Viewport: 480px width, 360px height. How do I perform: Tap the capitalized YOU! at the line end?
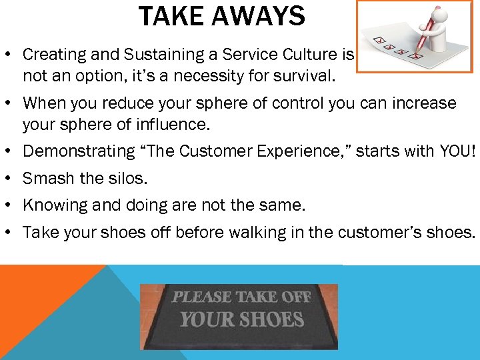click(458, 151)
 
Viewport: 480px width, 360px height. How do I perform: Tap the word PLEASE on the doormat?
click(201, 297)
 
